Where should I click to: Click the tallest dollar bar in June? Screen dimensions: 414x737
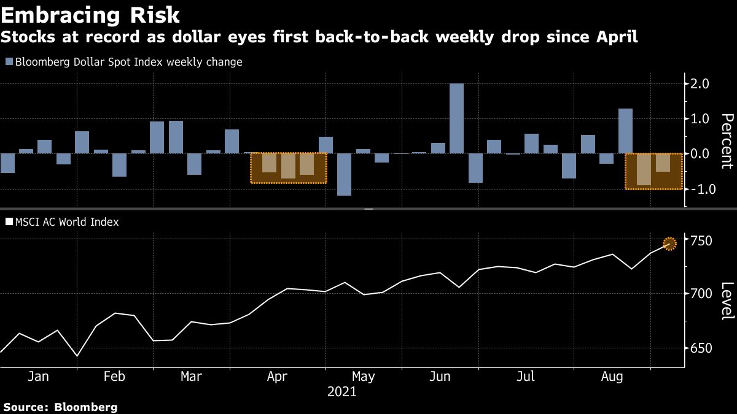pyautogui.click(x=456, y=118)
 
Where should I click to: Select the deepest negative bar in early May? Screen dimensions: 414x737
pyautogui.click(x=344, y=174)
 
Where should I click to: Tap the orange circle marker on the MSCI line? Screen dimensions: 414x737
pyautogui.click(x=669, y=243)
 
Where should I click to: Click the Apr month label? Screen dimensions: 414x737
pyautogui.click(x=278, y=376)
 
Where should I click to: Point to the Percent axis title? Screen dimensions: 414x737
pyautogui.click(x=727, y=140)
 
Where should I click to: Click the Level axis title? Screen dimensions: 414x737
pyautogui.click(x=727, y=301)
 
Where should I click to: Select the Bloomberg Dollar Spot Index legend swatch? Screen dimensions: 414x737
pyautogui.click(x=9, y=62)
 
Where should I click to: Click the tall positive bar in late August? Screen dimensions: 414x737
pyautogui.click(x=625, y=131)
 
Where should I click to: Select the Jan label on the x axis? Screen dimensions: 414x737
pyautogui.click(x=38, y=376)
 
